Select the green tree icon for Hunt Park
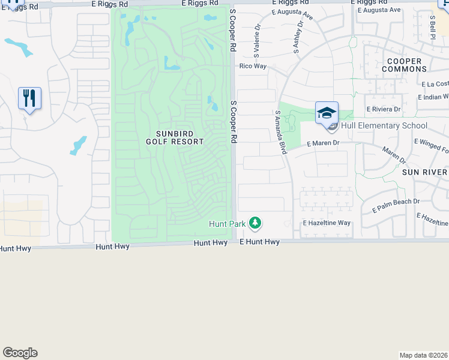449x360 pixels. tap(255, 223)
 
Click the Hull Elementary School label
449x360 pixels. tap(384, 126)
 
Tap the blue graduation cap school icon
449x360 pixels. tap(327, 113)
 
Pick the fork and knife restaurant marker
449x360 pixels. tap(29, 98)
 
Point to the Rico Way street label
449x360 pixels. tap(253, 66)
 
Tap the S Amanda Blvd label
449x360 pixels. tap(280, 133)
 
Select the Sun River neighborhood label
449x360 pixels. tap(426, 172)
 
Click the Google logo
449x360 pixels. tap(20, 353)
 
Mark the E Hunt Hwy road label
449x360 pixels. tap(259, 242)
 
